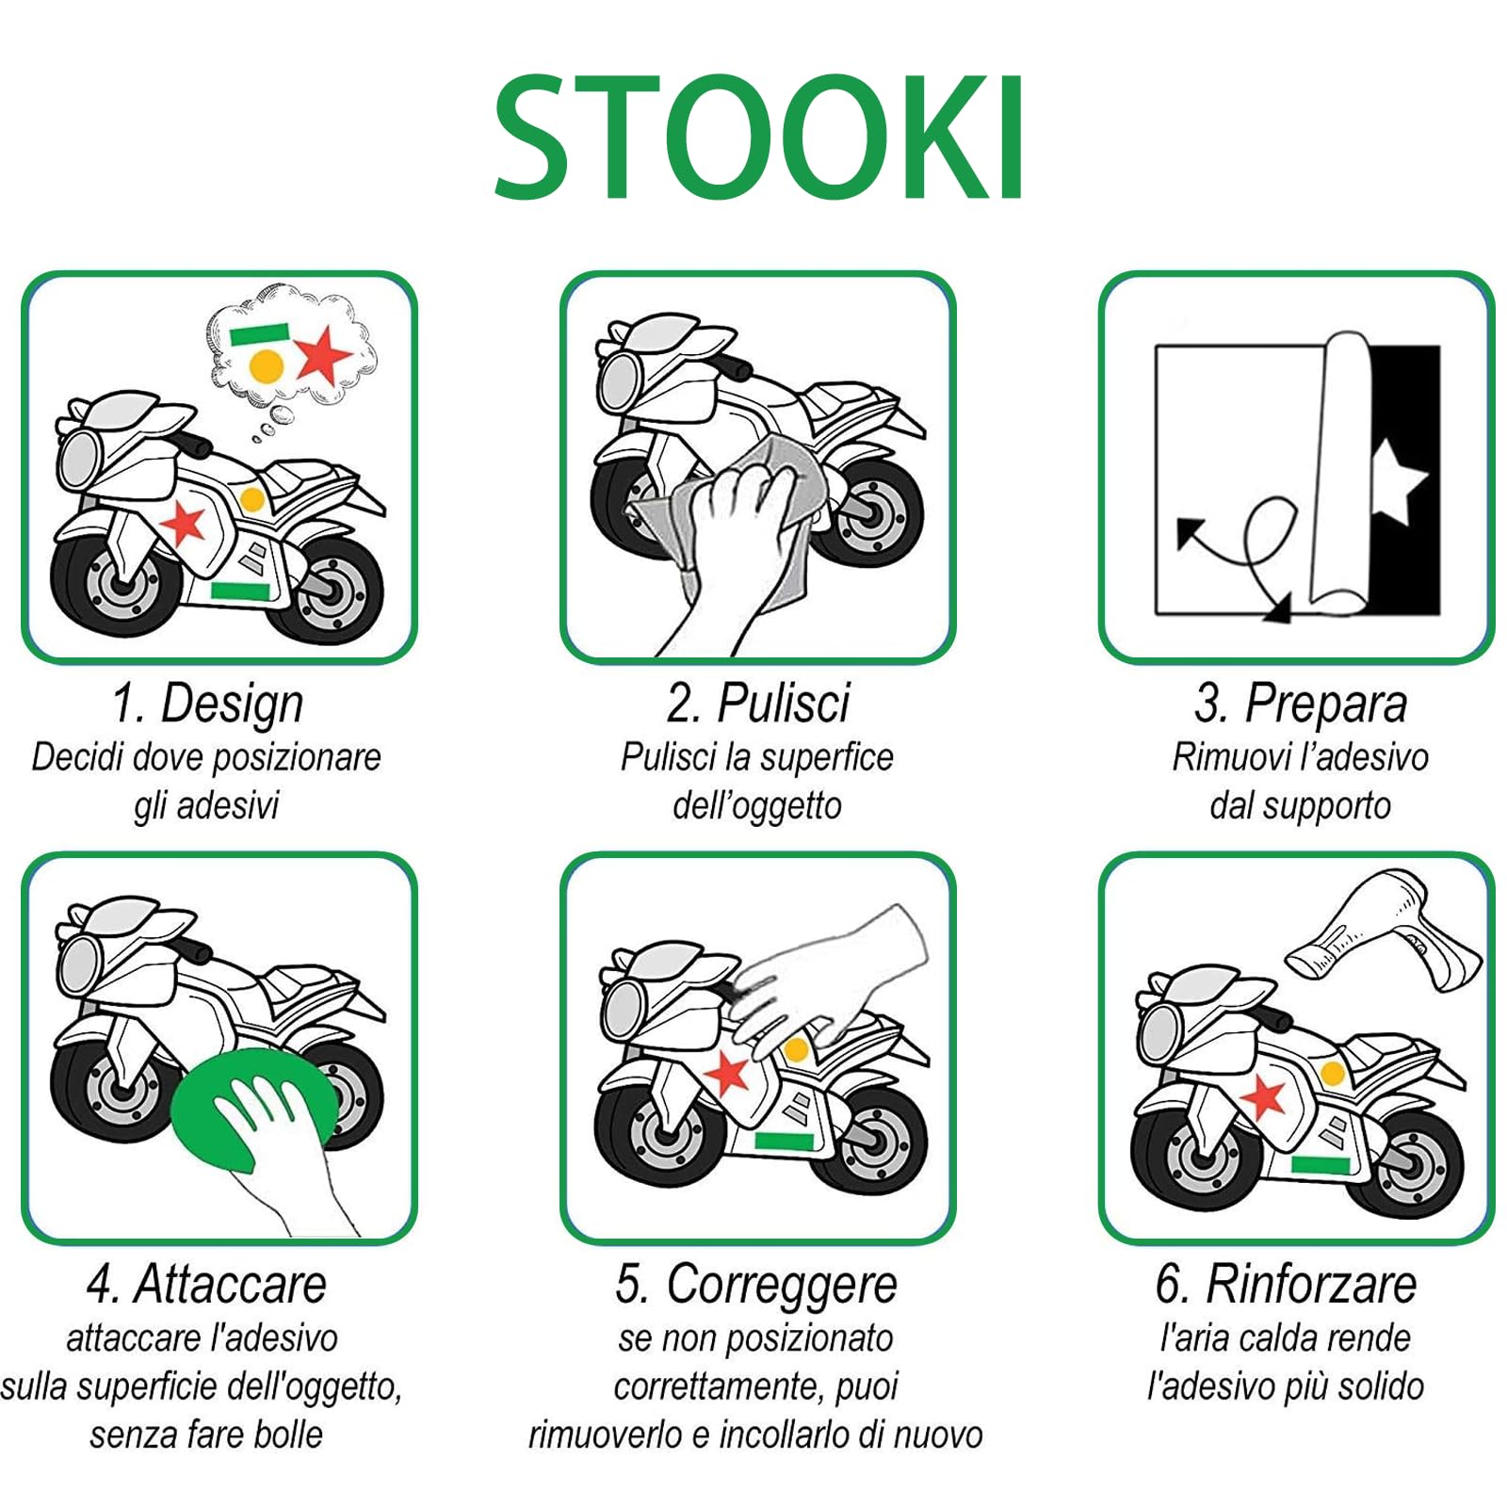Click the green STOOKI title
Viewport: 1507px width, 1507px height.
tap(759, 138)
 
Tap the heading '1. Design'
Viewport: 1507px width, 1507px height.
tap(207, 704)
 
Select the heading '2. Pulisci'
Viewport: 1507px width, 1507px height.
tap(757, 704)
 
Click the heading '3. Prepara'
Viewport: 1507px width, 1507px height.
tap(1300, 704)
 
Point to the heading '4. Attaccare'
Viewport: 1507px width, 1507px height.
tap(206, 1285)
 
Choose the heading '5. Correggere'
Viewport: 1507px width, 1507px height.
tap(756, 1285)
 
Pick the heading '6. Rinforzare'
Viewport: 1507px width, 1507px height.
tap(1286, 1285)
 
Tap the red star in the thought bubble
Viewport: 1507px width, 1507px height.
tap(324, 354)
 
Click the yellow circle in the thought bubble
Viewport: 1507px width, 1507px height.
tap(267, 365)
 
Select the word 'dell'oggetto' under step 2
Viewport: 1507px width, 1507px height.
tap(756, 806)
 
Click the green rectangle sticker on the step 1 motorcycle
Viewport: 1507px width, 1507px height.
tap(239, 591)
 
